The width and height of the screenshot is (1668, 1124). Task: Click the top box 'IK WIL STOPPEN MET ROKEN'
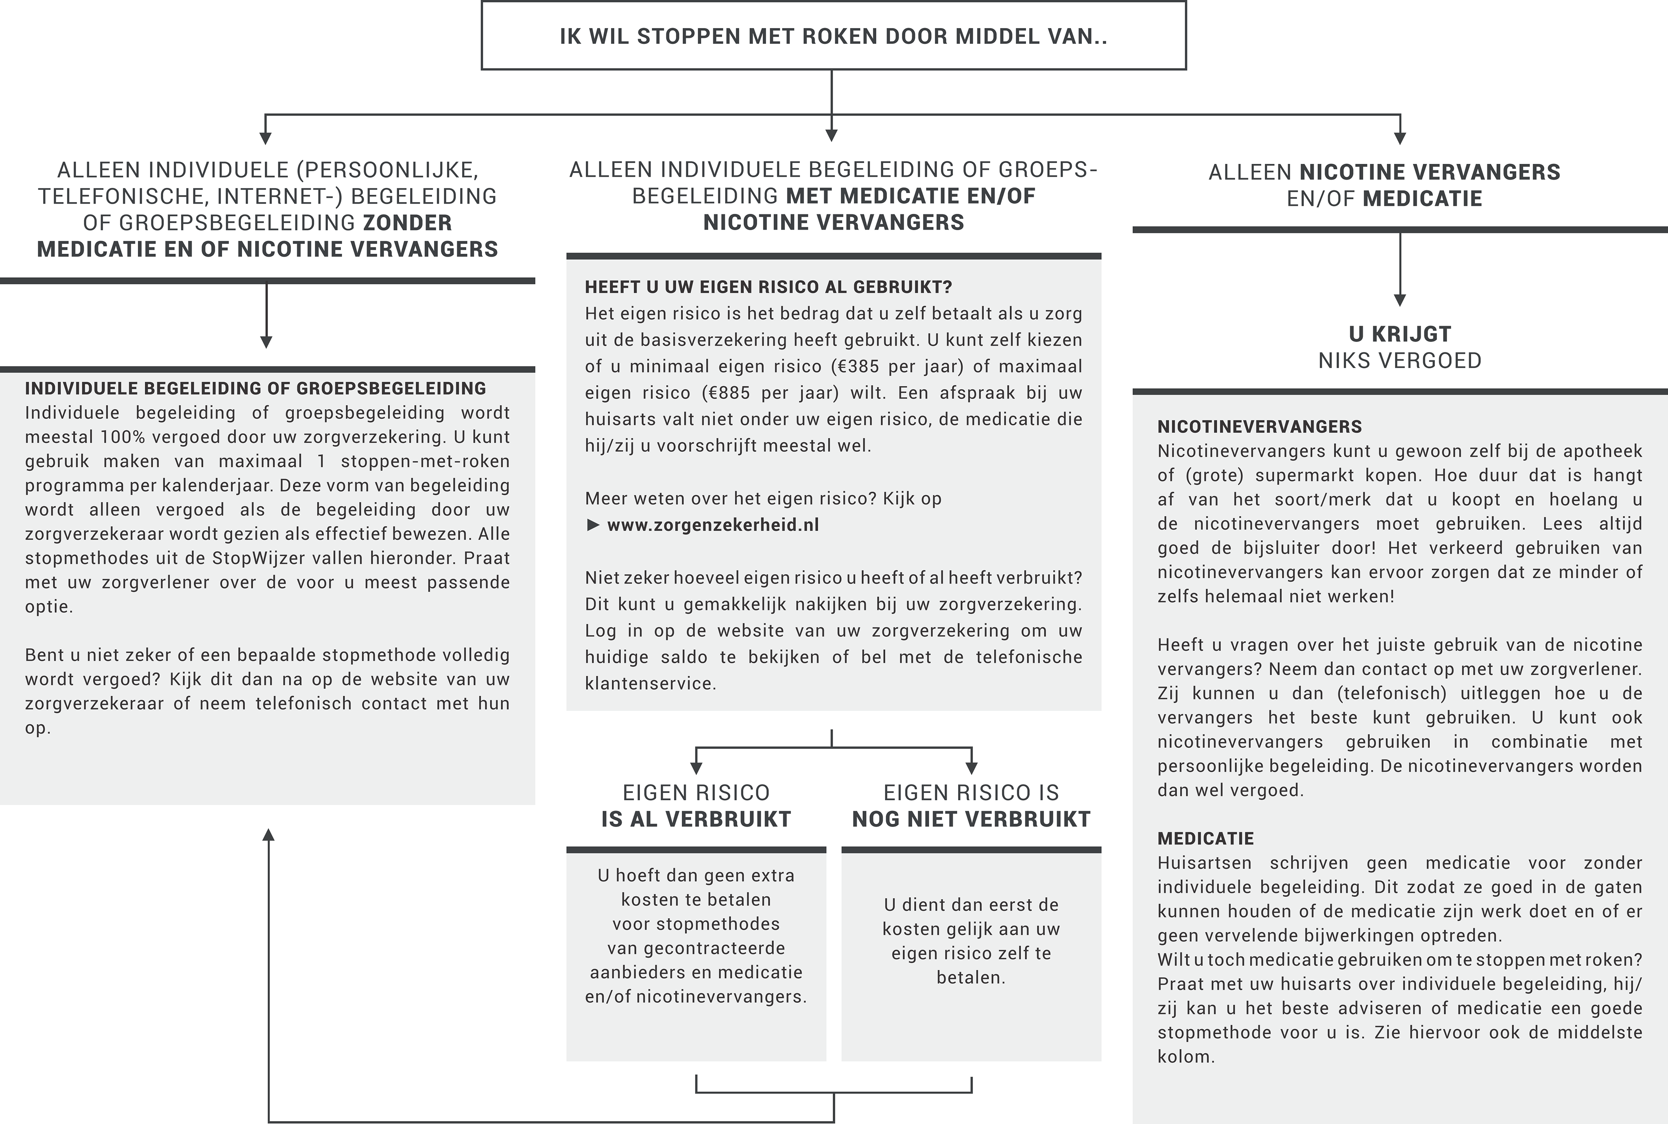[x=833, y=36]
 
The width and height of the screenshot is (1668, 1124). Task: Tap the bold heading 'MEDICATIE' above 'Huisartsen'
[x=1205, y=839]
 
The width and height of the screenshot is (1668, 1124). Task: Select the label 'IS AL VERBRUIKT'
[x=696, y=819]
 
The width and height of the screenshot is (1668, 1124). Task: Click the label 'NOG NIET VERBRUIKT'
[x=971, y=819]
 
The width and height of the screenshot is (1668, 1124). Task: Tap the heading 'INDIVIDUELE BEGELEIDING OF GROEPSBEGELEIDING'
[x=255, y=388]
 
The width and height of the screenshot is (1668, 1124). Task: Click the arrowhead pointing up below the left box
[x=268, y=834]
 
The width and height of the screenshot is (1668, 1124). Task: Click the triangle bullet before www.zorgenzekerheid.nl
[x=593, y=525]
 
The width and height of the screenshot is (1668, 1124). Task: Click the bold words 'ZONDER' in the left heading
[x=407, y=223]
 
